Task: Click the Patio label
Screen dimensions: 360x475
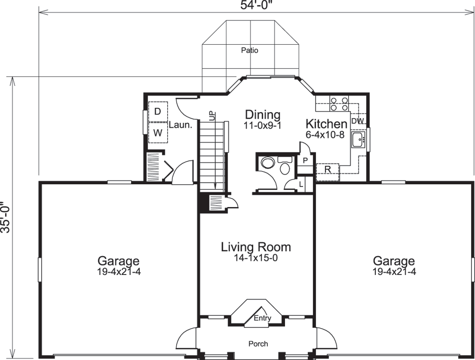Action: [249, 50]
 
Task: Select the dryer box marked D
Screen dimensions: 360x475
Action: [158, 111]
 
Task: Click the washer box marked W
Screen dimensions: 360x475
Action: [158, 133]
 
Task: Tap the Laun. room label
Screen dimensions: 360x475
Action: [180, 126]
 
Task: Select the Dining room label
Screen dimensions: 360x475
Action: [262, 114]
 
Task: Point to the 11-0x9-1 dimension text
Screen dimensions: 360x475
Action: [262, 126]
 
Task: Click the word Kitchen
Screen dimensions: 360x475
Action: [326, 124]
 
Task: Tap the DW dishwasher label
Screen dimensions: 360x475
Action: [358, 121]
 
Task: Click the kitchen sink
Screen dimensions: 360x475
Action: [358, 140]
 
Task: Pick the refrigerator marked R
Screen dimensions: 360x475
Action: [328, 170]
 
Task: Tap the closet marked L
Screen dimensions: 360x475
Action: [302, 184]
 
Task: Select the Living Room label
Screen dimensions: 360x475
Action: [256, 247]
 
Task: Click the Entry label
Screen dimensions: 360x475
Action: [262, 318]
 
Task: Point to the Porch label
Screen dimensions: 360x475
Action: [258, 343]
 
